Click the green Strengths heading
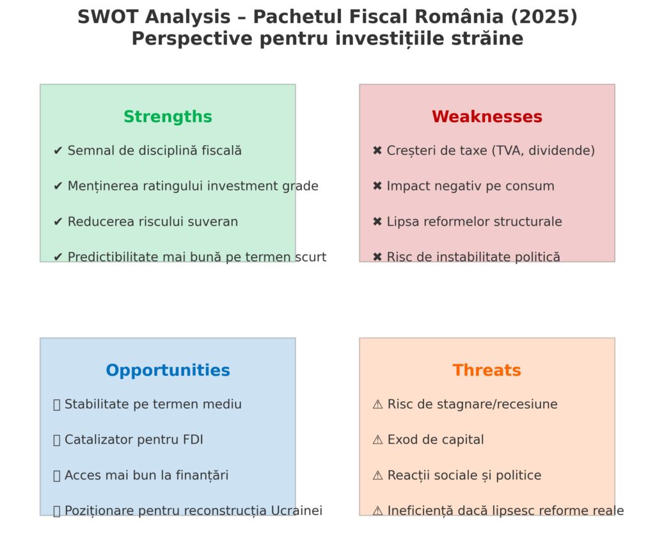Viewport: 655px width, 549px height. pos(168,117)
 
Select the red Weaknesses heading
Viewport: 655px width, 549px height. pos(487,117)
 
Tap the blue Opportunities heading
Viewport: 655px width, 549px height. pos(168,371)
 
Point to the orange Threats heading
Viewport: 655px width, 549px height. pos(487,370)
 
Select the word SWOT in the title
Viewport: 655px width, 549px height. pos(107,17)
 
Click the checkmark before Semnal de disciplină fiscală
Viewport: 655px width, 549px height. pos(58,150)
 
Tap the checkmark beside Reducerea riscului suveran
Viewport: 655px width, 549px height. pos(58,221)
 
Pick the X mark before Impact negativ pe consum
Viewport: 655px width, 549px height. pos(377,186)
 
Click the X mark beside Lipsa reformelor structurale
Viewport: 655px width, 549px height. pos(377,221)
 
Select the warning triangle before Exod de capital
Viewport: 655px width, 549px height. pos(377,440)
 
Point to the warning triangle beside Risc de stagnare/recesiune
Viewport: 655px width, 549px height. pos(377,404)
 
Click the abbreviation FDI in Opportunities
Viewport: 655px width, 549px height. pos(193,440)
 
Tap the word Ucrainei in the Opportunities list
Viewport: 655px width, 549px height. pos(297,511)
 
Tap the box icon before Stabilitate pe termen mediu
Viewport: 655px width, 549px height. pos(57,405)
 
